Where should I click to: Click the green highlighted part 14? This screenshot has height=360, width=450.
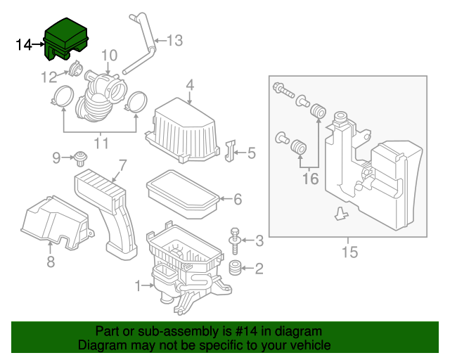66,39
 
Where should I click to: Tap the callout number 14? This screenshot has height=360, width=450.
23,45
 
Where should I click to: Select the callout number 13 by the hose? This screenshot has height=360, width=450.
174,41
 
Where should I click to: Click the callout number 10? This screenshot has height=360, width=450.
108,55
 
